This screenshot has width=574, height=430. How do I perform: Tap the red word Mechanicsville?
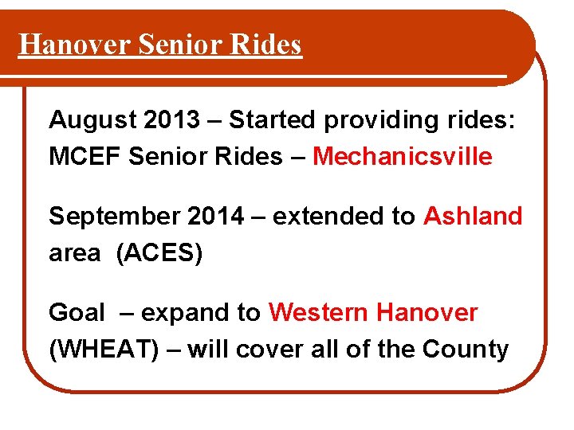(x=403, y=157)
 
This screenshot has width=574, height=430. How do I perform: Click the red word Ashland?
(x=473, y=216)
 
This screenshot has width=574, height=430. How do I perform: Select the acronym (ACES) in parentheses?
(x=159, y=253)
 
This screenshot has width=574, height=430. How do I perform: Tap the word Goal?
(x=77, y=313)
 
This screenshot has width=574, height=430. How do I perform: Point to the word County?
(x=466, y=350)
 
